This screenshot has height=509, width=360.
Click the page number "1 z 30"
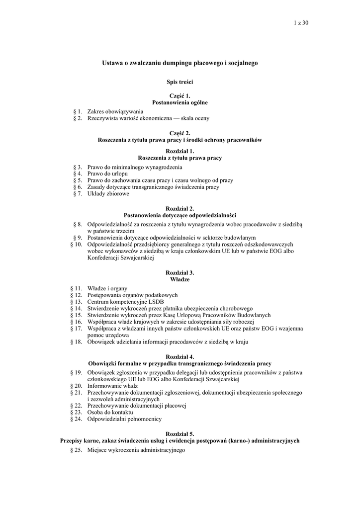pos(302,23)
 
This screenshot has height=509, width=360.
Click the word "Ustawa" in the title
pos(112,64)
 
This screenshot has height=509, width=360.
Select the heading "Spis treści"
pos(180,81)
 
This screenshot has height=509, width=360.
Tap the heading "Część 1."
pos(180,96)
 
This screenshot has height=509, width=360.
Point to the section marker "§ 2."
pos(77,118)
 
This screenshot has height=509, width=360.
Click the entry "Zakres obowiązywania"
pos(115,112)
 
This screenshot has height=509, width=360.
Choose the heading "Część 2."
pos(180,134)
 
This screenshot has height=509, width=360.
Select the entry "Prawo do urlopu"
pos(107,174)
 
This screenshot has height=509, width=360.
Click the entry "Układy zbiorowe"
pos(108,194)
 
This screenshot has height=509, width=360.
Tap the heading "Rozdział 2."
pos(180,209)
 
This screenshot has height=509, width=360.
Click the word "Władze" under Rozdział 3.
pos(180,280)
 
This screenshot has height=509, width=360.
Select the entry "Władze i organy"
pos(107,288)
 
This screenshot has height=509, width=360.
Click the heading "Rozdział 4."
pos(180,357)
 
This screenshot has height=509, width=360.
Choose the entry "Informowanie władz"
pos(112,385)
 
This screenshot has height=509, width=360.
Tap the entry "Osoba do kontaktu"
pos(110,412)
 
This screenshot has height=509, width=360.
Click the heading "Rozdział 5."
pos(180,434)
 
